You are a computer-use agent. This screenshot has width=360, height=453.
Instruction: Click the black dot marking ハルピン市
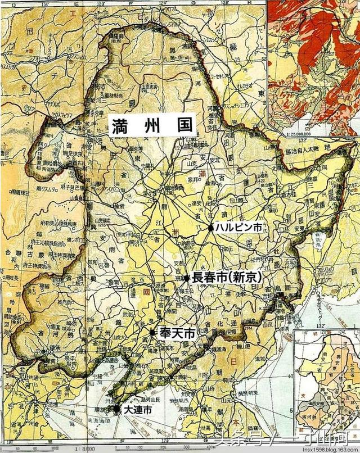click(x=210, y=228)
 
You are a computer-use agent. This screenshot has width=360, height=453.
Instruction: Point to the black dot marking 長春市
click(x=187, y=277)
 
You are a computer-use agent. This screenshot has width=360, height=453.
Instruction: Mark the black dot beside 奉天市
click(x=152, y=333)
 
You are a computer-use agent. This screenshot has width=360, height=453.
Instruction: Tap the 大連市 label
click(x=138, y=411)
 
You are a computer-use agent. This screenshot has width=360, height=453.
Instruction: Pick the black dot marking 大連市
click(x=116, y=410)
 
